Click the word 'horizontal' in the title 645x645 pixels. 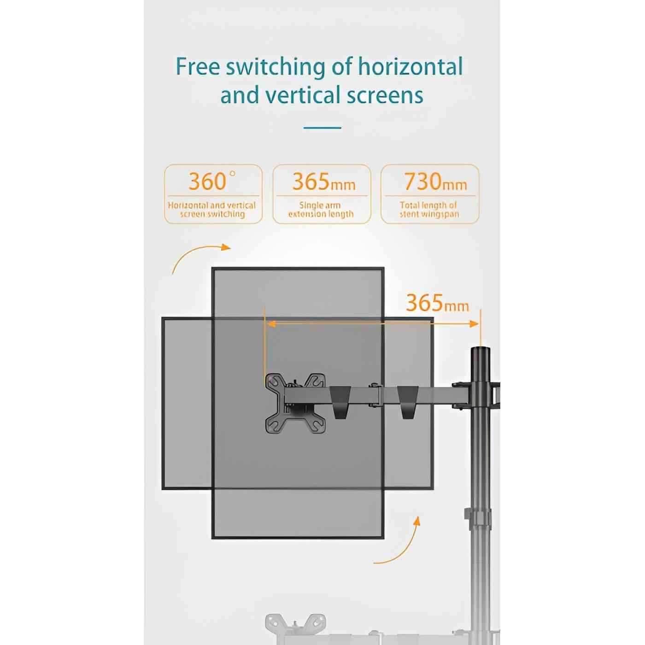pos(410,66)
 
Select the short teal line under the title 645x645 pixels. pos(322,128)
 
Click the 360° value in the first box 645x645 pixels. pos(212,181)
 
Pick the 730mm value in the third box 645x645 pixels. pos(435,182)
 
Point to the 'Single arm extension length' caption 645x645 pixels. pos(321,210)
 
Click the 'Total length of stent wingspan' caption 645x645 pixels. pos(429,210)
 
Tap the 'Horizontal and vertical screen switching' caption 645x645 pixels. pos(212,210)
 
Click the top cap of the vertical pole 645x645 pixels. pos(481,351)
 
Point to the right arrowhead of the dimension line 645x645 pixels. pos(475,324)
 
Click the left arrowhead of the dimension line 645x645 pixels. pos(271,324)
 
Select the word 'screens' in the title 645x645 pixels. pos(385,95)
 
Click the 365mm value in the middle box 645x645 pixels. pos(324,182)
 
